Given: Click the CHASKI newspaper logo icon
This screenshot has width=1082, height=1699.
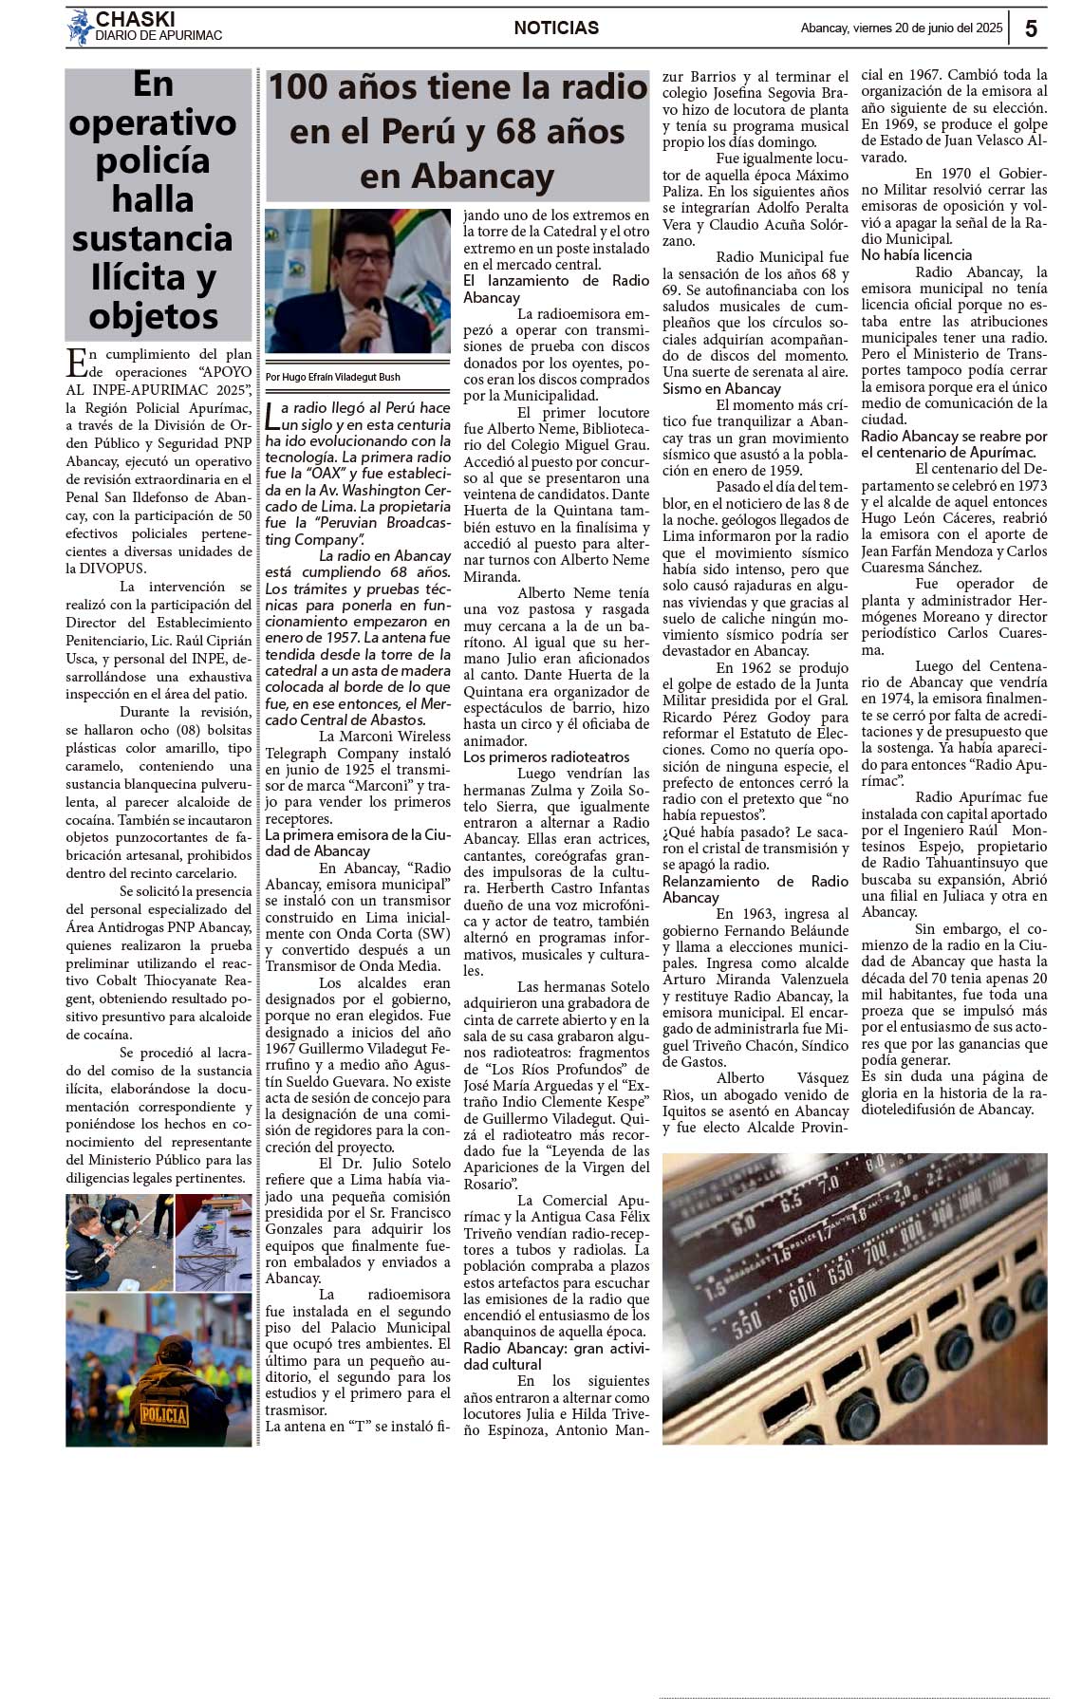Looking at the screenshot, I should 80,28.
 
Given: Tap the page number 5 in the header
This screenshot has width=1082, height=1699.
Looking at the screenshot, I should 1031,28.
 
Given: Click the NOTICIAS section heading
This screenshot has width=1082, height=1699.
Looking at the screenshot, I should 556,28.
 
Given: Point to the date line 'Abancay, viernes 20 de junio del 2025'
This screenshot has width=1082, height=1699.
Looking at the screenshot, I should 901,28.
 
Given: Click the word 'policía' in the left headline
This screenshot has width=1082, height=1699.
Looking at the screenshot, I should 153,161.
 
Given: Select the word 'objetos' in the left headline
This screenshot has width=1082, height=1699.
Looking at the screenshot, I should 154,316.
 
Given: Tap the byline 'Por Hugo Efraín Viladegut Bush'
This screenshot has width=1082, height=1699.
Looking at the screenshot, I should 333,377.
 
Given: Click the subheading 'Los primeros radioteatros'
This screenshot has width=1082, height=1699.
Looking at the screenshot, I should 546,757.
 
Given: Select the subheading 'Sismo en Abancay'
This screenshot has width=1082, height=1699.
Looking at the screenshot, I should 721,388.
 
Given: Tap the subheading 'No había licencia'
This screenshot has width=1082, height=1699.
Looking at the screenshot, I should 916,255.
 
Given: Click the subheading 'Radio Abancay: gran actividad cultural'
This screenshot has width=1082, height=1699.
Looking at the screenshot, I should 556,1356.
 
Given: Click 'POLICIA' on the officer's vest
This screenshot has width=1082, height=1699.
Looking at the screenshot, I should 164,1415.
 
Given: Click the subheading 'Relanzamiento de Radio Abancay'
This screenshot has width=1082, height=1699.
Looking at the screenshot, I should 755,889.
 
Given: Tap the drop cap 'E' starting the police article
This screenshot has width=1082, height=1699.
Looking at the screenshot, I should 76,364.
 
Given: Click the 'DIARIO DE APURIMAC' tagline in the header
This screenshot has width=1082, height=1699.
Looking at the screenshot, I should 159,36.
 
